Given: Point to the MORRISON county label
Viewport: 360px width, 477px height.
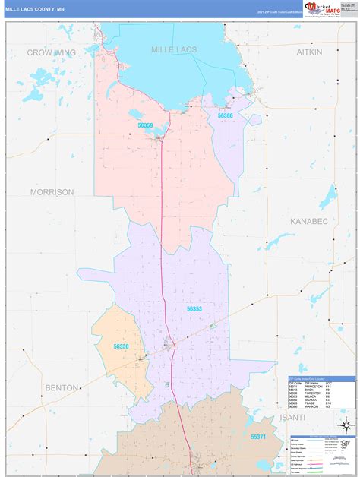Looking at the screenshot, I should pyautogui.click(x=52, y=192).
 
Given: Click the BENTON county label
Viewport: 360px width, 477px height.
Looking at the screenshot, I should pyautogui.click(x=61, y=387).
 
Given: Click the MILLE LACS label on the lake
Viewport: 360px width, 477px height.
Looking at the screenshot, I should pyautogui.click(x=174, y=49).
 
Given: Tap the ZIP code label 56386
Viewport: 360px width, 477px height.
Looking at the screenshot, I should pyautogui.click(x=226, y=115).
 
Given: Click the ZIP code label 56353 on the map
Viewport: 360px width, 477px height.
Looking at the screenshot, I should pyautogui.click(x=194, y=309).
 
